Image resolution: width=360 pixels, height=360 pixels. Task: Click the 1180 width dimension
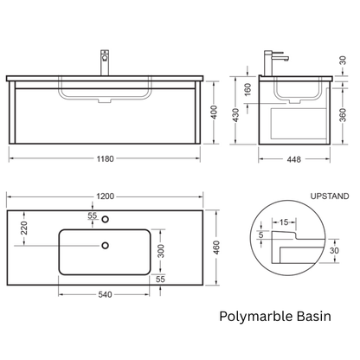[105, 158]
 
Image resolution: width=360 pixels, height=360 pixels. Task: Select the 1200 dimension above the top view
[105, 196]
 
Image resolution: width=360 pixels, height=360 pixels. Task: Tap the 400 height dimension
[214, 112]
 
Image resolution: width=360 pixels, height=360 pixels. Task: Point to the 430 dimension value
[236, 115]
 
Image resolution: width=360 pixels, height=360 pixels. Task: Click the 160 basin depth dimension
[247, 89]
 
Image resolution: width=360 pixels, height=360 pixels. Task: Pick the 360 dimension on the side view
[343, 115]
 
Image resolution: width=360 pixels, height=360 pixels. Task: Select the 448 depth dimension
[294, 159]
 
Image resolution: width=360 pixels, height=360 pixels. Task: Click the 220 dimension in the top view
[24, 228]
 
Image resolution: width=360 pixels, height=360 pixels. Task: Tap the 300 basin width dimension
[161, 251]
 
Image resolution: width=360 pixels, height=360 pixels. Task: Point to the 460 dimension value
[216, 247]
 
